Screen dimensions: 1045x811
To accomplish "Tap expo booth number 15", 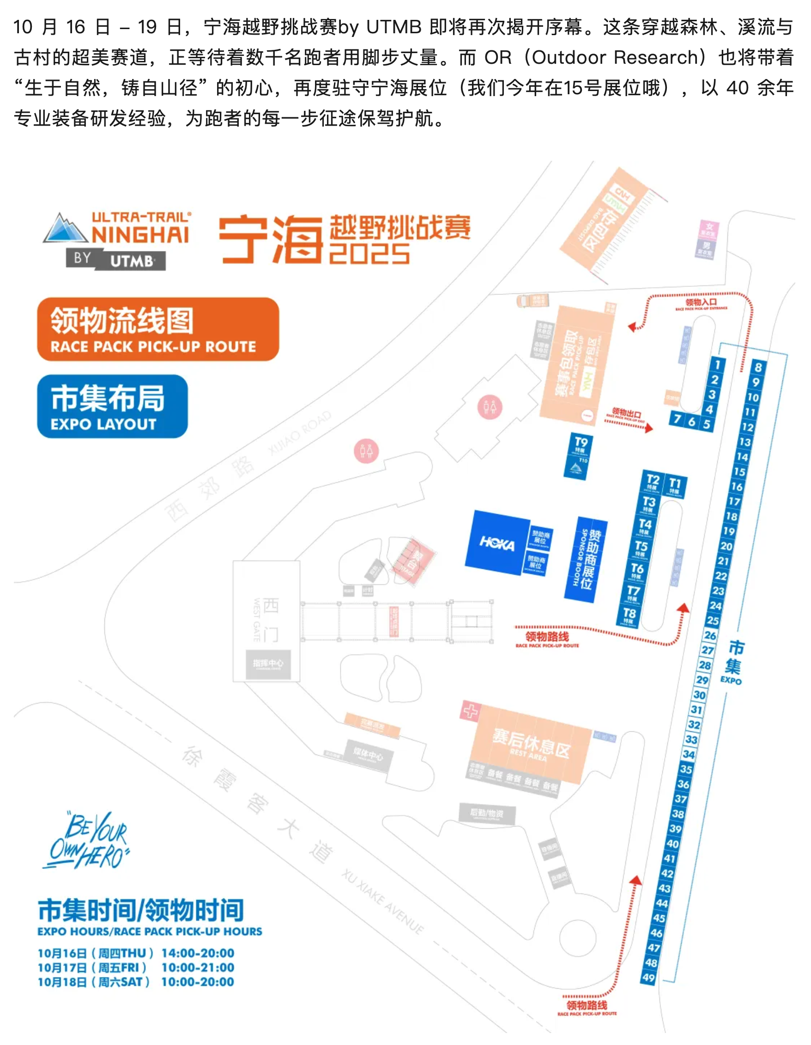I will point(739,471).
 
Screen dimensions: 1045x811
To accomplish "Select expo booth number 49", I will point(649,977).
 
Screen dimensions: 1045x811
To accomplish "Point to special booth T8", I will point(629,615).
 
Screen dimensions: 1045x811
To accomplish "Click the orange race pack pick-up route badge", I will point(158,329).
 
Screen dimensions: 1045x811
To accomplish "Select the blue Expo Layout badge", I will point(112,406).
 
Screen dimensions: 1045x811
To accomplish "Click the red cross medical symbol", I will point(470,711).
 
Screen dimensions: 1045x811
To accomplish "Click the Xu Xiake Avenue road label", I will point(383,902).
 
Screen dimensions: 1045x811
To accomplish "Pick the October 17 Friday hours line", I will point(136,967).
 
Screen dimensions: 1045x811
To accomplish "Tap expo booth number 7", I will point(677,419).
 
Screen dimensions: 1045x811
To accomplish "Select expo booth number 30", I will point(700,695).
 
